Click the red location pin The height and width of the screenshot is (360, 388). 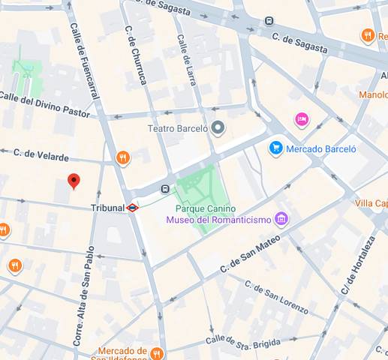(x=74, y=181)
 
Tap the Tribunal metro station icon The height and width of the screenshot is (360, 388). (x=132, y=208)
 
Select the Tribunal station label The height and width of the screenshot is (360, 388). (x=107, y=208)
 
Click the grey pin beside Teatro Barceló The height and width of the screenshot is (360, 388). (x=218, y=128)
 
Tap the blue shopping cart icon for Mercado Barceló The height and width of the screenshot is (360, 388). (x=275, y=148)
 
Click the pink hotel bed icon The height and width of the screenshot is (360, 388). (x=302, y=119)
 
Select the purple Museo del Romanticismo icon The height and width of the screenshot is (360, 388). (x=281, y=219)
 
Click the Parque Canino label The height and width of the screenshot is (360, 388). (x=205, y=208)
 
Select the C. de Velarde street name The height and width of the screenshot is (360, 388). (x=41, y=154)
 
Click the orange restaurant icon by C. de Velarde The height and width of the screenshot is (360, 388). (x=123, y=158)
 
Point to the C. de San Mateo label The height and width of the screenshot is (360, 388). (x=250, y=254)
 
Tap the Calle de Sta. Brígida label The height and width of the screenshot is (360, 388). (x=243, y=340)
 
